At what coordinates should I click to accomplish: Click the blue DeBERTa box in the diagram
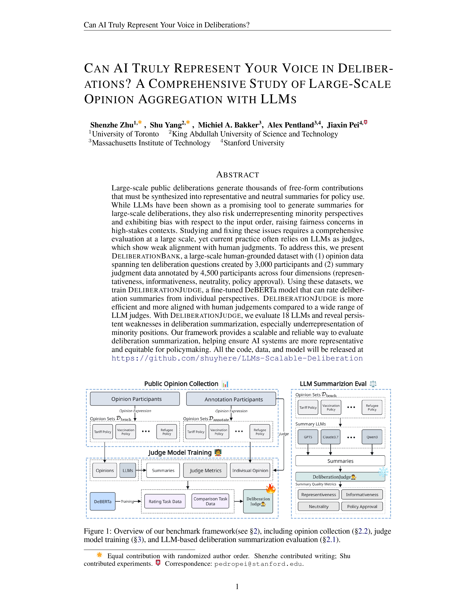click(102, 501)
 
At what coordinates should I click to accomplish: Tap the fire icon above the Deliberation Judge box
click(270, 489)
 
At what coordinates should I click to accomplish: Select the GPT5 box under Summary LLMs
click(308, 437)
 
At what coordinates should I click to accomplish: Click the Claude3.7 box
click(330, 437)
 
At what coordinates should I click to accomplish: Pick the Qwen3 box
click(372, 437)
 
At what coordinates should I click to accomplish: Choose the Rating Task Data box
click(165, 501)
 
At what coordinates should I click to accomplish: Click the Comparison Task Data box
click(210, 501)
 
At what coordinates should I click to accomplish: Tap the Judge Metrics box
click(205, 470)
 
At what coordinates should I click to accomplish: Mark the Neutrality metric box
click(319, 506)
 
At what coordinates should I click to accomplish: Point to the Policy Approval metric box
click(362, 506)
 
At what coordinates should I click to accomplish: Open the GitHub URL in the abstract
click(237, 358)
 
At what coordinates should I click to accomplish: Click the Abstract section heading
click(237, 175)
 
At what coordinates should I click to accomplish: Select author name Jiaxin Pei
click(343, 125)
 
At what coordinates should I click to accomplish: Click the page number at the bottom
click(237, 586)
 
